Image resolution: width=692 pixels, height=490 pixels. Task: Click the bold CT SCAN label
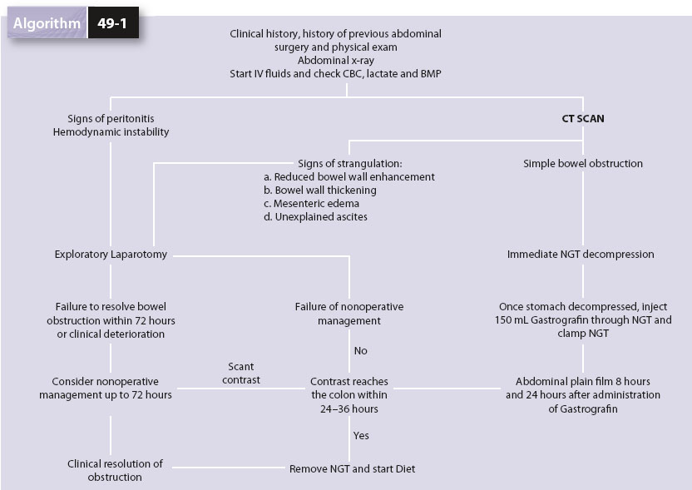pyautogui.click(x=582, y=119)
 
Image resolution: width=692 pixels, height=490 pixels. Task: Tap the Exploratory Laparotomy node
pyautogui.click(x=111, y=255)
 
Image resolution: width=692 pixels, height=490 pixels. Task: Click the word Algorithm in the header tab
pyautogui.click(x=47, y=22)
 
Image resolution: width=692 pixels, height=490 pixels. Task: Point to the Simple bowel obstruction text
pyautogui.click(x=582, y=164)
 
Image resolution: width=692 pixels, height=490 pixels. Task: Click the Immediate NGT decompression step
pyautogui.click(x=581, y=255)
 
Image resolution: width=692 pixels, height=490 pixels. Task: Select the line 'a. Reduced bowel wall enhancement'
pyautogui.click(x=349, y=177)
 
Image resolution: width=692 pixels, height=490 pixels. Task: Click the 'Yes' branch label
pyautogui.click(x=361, y=435)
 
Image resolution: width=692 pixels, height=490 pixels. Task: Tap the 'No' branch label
pyautogui.click(x=360, y=351)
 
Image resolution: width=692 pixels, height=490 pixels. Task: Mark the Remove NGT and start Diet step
pyautogui.click(x=352, y=469)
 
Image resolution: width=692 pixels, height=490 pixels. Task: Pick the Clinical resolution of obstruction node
pyautogui.click(x=115, y=470)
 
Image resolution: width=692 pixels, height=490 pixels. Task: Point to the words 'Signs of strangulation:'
pyautogui.click(x=349, y=164)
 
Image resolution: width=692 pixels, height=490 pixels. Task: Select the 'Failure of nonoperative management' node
pyautogui.click(x=349, y=314)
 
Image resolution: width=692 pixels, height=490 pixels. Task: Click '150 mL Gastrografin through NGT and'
pyautogui.click(x=582, y=320)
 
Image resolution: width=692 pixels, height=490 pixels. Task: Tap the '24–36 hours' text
pyautogui.click(x=348, y=408)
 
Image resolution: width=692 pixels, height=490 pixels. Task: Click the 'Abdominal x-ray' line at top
pyautogui.click(x=335, y=61)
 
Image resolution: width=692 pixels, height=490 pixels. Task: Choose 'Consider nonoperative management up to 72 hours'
pyautogui.click(x=106, y=388)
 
